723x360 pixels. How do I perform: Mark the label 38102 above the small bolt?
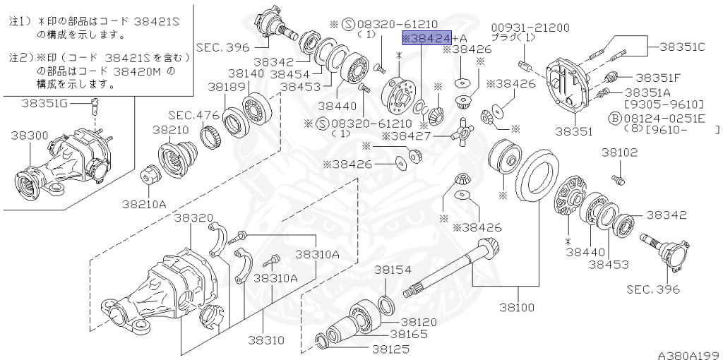tap(619, 152)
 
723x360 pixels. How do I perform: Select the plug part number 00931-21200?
tap(530, 28)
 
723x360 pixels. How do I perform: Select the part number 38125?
tap(391, 348)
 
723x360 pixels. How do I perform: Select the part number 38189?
tap(225, 87)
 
